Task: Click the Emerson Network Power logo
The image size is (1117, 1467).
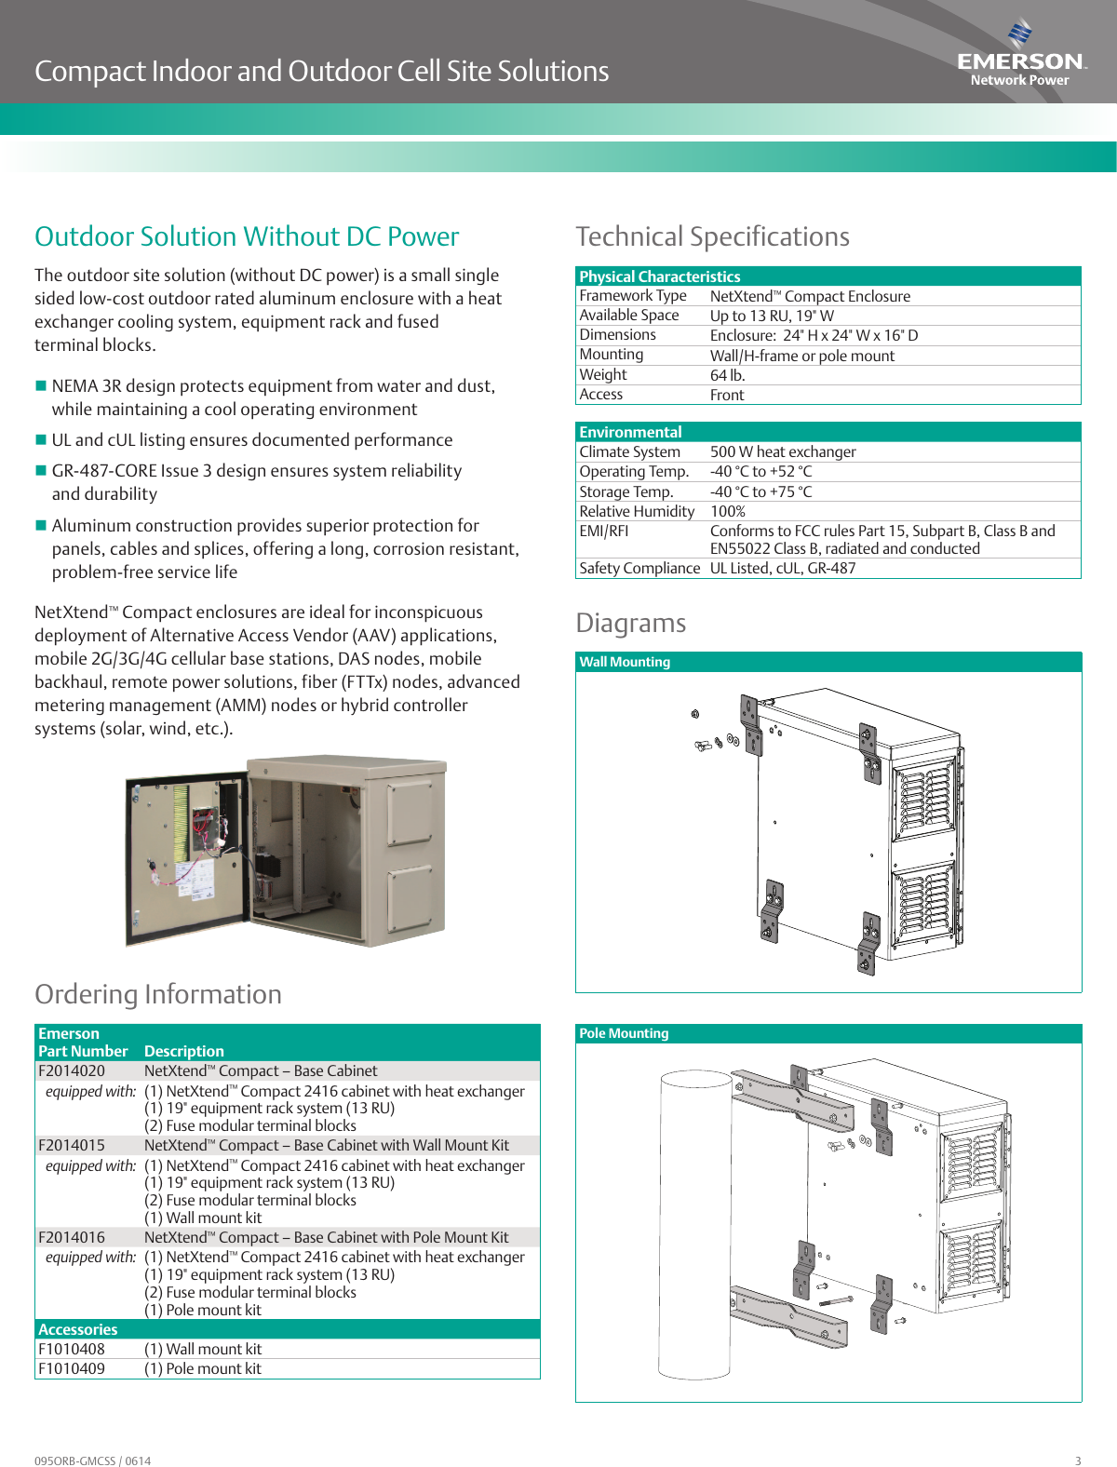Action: pos(1020,56)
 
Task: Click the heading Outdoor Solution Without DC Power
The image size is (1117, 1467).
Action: pos(247,236)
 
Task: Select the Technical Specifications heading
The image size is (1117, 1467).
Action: pos(712,236)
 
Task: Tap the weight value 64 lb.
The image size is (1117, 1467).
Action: pos(727,375)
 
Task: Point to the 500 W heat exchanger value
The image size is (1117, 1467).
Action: pos(783,451)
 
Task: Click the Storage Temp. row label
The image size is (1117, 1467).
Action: pos(626,491)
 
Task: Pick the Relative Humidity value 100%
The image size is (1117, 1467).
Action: pos(728,511)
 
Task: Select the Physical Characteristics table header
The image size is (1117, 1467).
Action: pos(659,276)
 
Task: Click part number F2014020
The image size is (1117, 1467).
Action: pos(72,1070)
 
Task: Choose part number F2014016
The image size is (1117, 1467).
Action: pos(72,1237)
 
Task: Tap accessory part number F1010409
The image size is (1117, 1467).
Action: pos(72,1368)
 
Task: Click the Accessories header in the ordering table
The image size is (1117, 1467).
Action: pos(78,1329)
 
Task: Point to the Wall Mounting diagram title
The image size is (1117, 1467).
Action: pos(625,662)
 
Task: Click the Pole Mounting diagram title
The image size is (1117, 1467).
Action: pos(624,1033)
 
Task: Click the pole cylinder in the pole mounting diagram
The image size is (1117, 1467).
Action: pos(694,1210)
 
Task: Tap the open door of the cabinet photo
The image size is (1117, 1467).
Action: pos(186,856)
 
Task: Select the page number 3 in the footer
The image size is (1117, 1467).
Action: pos(1078,1460)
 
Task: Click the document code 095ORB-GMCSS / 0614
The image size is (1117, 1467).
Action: pos(92,1460)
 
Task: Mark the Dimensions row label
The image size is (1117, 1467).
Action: pos(617,335)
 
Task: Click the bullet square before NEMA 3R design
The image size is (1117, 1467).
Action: pos(41,385)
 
